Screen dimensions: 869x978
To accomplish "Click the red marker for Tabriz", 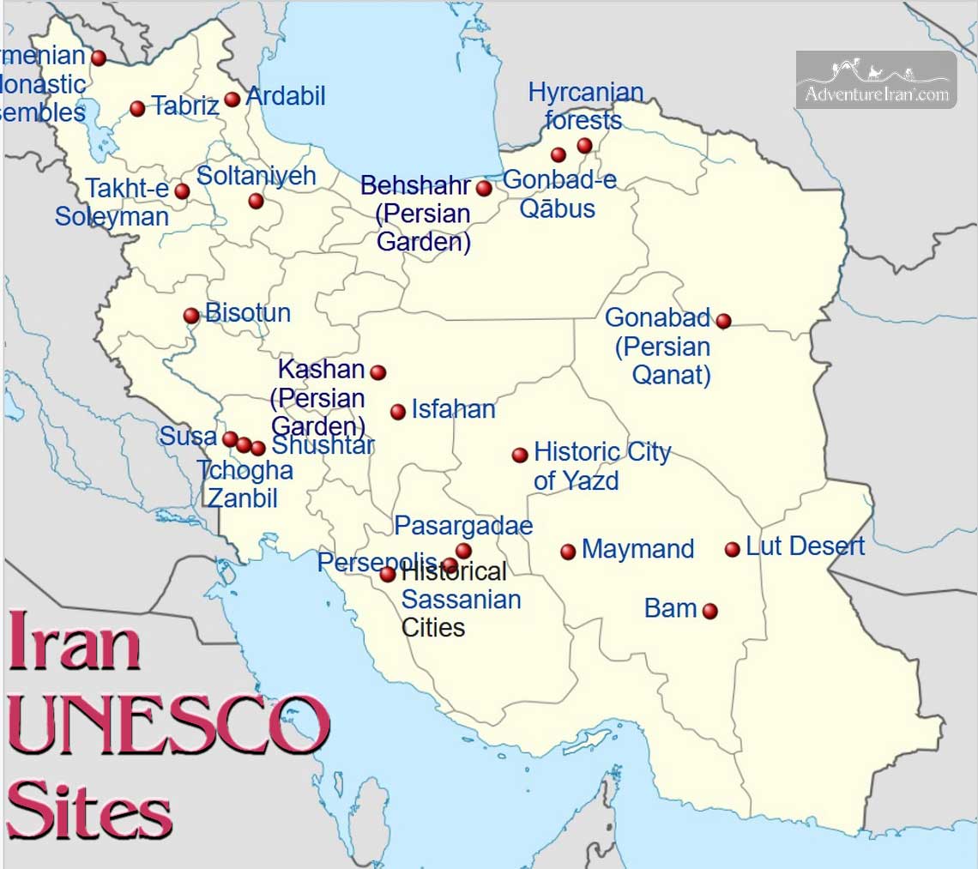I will coord(137,108).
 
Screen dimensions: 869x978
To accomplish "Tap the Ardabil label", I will coord(286,96).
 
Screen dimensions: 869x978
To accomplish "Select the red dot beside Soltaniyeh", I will coord(256,201).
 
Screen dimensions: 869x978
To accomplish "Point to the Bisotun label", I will coord(248,313).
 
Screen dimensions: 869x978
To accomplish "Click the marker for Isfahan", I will coord(398,412).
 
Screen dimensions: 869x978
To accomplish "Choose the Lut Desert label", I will coord(805,546).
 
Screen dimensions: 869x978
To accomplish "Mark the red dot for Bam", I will coord(709,611).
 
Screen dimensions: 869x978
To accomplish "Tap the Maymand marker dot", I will coord(568,552).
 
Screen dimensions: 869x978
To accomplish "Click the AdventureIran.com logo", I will coord(876,81).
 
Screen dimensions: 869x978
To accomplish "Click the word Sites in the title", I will coord(90,810).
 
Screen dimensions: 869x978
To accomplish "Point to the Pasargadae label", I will coord(463,525).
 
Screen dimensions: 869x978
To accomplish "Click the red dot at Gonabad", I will coord(723,321).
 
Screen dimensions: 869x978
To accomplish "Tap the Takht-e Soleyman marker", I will coord(182,191).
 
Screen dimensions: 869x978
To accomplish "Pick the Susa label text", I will coord(188,436).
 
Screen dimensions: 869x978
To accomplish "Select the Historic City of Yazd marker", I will coord(520,455).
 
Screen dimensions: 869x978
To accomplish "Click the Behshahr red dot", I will coord(484,188).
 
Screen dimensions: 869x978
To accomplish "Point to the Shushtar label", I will coord(323,445).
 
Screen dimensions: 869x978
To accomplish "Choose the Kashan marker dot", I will coord(377,371).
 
